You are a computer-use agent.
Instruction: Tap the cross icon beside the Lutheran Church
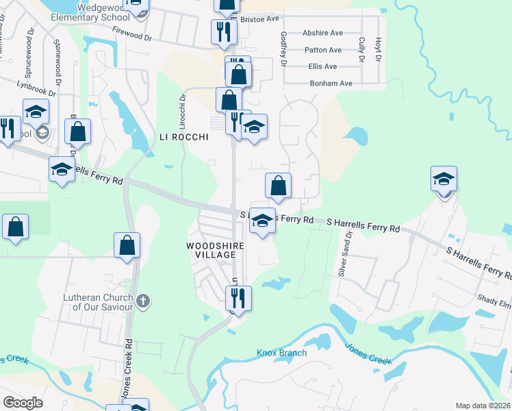click(x=143, y=301)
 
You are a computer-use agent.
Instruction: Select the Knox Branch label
click(x=281, y=353)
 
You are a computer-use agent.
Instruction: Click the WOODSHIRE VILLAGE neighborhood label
click(x=211, y=249)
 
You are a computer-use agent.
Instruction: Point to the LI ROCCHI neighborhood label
click(x=183, y=136)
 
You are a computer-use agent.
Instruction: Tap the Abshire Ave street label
click(x=323, y=32)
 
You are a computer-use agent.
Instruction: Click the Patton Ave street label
click(x=323, y=50)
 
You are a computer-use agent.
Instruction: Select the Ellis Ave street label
click(x=322, y=66)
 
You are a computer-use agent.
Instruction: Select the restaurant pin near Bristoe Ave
click(x=224, y=32)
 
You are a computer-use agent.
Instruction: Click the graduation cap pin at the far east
click(x=444, y=180)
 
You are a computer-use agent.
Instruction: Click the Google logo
click(x=23, y=403)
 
